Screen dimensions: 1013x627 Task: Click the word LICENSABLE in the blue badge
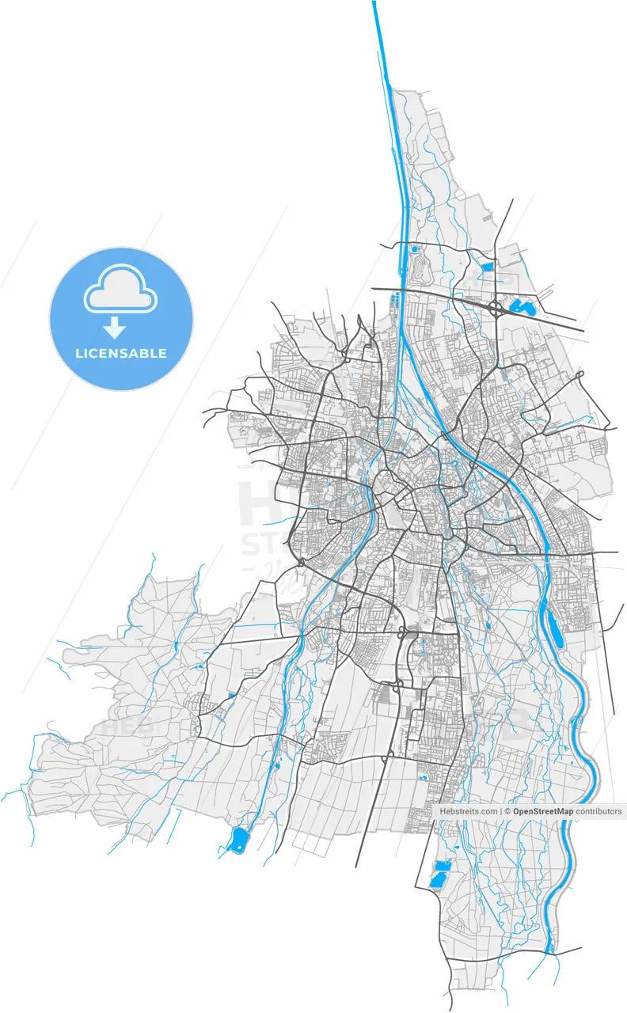click(x=121, y=353)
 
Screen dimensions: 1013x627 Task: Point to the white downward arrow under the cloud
click(x=116, y=325)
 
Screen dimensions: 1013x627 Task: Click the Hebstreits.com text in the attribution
click(x=469, y=811)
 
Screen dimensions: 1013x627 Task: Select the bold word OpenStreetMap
click(x=542, y=811)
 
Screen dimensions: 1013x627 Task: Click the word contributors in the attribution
click(x=598, y=811)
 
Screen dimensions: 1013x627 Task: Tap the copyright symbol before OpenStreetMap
click(x=507, y=811)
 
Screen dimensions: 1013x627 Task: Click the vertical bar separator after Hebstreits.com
click(x=501, y=811)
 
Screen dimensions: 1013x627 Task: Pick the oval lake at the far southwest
click(x=238, y=840)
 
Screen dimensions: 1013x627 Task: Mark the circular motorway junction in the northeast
click(x=495, y=307)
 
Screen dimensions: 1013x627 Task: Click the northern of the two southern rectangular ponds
click(x=443, y=864)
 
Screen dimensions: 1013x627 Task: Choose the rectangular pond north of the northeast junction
click(x=486, y=267)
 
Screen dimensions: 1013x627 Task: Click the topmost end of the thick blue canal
click(x=374, y=3)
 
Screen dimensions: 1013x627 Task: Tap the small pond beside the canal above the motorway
click(x=413, y=249)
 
